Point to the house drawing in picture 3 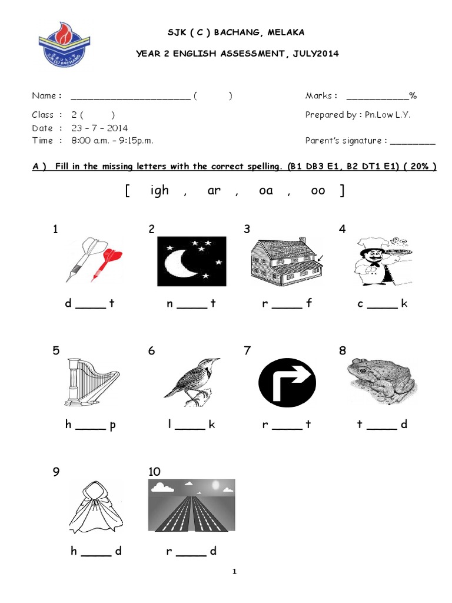pos(286,259)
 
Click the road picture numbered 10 pos(191,506)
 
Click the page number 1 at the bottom pos(234,571)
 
